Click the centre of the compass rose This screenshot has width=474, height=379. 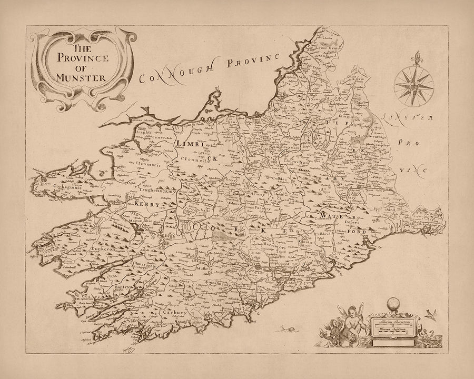(x=413, y=84)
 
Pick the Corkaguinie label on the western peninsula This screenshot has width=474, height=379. (x=54, y=186)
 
